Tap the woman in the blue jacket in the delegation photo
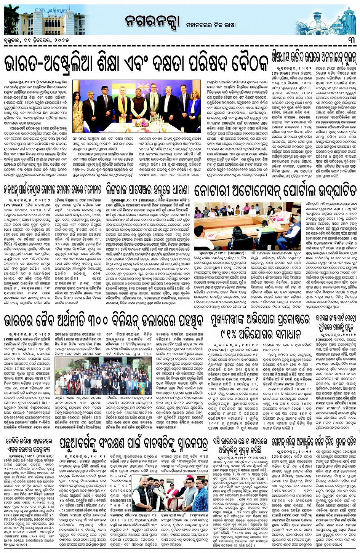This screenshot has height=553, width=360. click(194, 108)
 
